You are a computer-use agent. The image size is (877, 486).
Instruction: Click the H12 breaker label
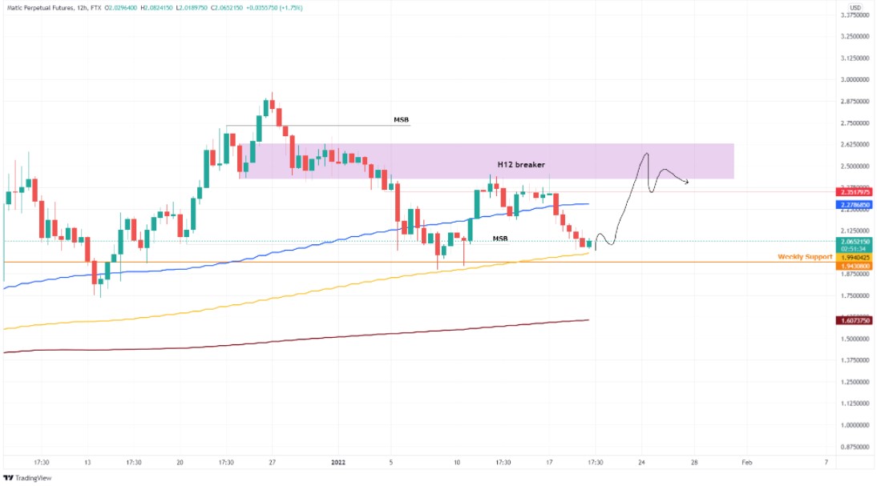coord(521,164)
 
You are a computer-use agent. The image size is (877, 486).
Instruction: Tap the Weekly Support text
coord(805,256)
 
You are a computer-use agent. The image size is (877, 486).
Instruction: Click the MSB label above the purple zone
coord(401,119)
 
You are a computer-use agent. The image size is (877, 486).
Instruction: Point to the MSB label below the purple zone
coord(499,238)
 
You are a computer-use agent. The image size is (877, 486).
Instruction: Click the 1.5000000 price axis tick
coord(855,339)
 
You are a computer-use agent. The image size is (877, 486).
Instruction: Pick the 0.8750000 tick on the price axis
coord(855,447)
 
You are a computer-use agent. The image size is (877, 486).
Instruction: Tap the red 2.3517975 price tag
coord(855,192)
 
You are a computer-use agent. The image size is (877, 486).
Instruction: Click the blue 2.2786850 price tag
coord(855,206)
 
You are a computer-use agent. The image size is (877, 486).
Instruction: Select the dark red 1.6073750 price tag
coord(855,320)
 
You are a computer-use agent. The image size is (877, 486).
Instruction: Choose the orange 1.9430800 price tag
coord(855,265)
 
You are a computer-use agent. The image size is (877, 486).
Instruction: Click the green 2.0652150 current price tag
coord(855,241)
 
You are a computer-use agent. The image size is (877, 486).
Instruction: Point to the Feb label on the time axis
coord(746,462)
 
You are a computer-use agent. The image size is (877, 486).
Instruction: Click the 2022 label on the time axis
coord(337,462)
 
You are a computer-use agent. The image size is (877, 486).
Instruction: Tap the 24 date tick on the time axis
coord(641,462)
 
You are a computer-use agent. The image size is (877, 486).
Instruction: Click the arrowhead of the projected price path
coord(687,183)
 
